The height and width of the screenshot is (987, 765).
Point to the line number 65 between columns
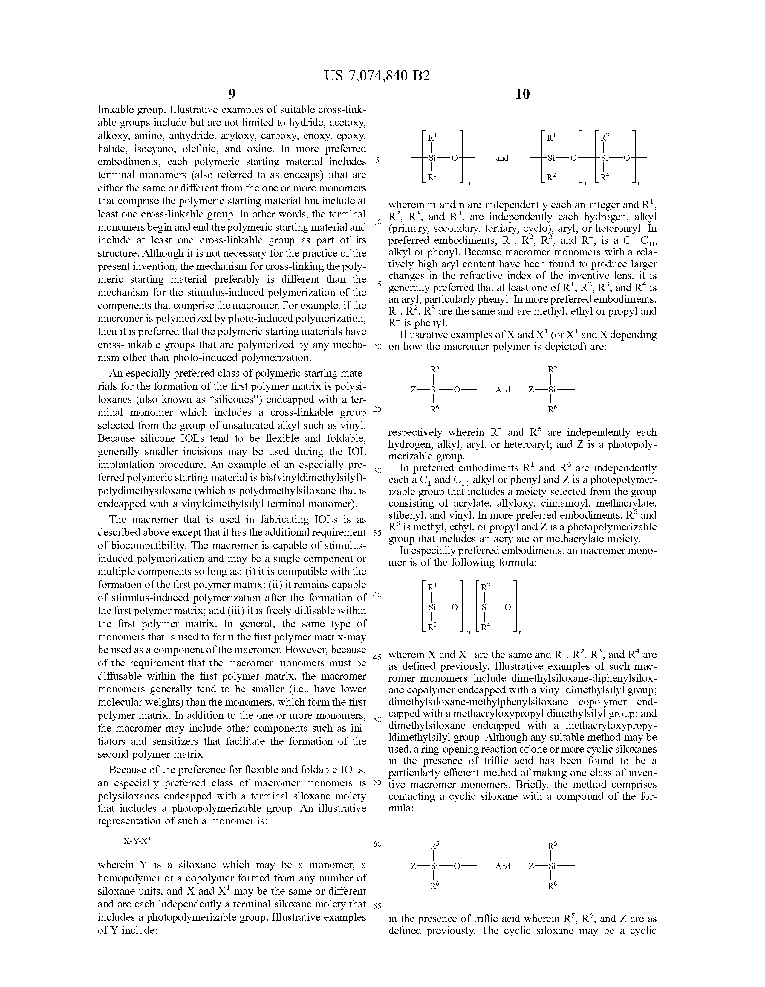(x=377, y=906)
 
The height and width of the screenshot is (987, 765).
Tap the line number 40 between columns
(x=377, y=595)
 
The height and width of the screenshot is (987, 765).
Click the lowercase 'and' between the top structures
(x=502, y=158)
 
